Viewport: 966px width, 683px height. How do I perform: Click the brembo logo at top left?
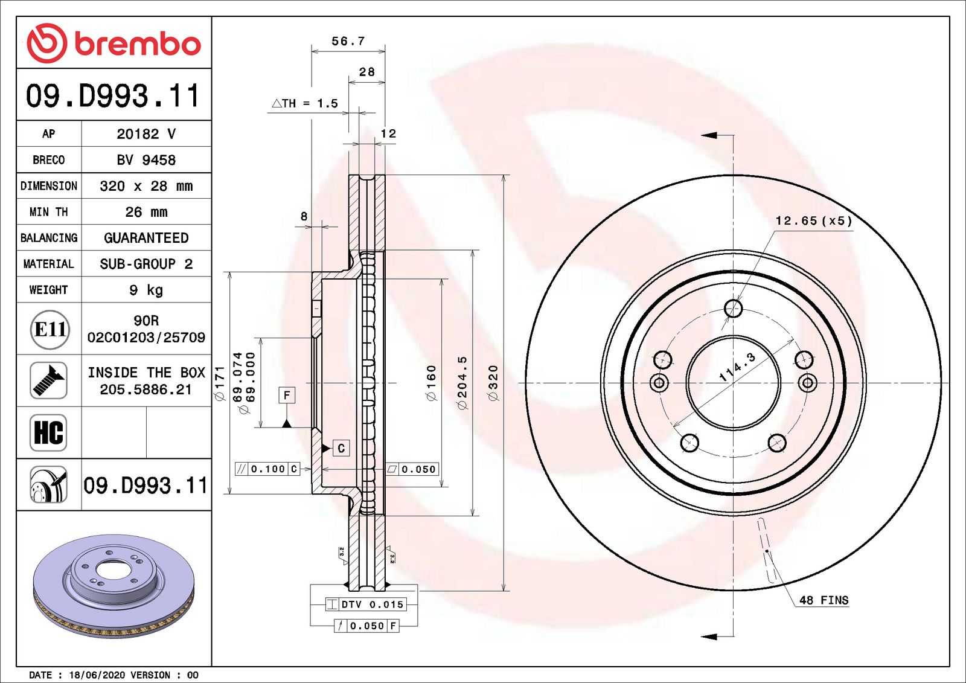pyautogui.click(x=114, y=43)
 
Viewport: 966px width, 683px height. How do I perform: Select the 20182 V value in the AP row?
pyautogui.click(x=146, y=134)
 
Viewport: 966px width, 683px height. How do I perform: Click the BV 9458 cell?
pyautogui.click(x=146, y=160)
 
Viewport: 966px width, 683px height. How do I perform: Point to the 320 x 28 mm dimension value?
pyautogui.click(x=146, y=186)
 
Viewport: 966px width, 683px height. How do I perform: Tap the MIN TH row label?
pyautogui.click(x=49, y=212)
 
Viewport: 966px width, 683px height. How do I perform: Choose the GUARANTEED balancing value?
pyautogui.click(x=146, y=238)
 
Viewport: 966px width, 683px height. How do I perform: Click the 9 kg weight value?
pyautogui.click(x=146, y=290)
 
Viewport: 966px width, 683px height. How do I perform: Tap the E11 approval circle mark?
pyautogui.click(x=50, y=329)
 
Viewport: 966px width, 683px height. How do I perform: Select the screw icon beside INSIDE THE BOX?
pyautogui.click(x=48, y=380)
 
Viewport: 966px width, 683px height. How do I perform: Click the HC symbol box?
pyautogui.click(x=48, y=432)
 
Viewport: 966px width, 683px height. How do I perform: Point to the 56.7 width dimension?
pyautogui.click(x=348, y=41)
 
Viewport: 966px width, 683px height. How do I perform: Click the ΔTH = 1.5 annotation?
pyautogui.click(x=305, y=103)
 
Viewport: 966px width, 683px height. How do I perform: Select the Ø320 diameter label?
pyautogui.click(x=494, y=383)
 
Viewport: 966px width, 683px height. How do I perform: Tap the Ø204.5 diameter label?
pyautogui.click(x=462, y=383)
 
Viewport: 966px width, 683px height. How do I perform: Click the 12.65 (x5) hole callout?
pyautogui.click(x=814, y=221)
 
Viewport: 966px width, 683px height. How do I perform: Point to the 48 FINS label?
pyautogui.click(x=824, y=600)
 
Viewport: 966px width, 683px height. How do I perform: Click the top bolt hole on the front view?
pyautogui.click(x=733, y=309)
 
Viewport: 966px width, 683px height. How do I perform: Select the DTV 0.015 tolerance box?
pyautogui.click(x=365, y=604)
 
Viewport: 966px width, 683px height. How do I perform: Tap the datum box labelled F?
pyautogui.click(x=287, y=396)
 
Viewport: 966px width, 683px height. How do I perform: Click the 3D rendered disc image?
pyautogui.click(x=114, y=586)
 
